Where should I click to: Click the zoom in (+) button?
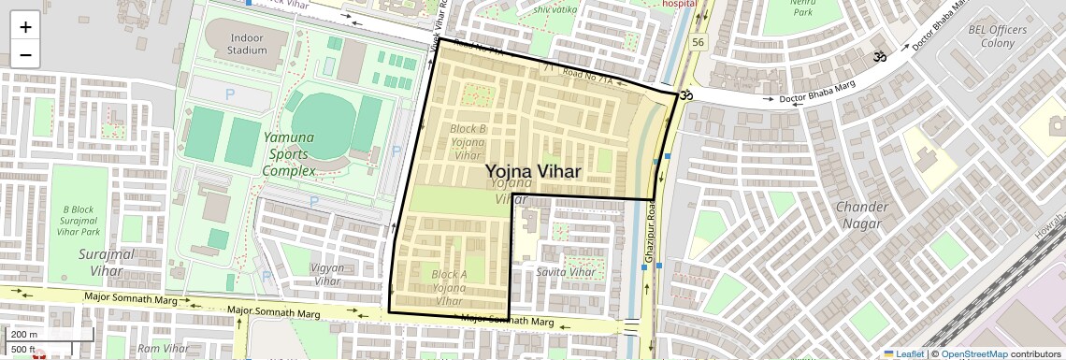25,28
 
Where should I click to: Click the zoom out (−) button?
25,55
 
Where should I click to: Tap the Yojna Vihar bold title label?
533,171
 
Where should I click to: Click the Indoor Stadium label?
234,43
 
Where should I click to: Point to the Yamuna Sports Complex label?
288,153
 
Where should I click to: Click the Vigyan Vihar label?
326,274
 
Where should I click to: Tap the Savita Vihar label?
566,272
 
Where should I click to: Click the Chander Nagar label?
860,215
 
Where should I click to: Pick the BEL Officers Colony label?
998,36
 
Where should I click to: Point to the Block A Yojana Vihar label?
450,287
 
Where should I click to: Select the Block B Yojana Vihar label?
468,142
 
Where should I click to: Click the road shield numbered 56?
699,43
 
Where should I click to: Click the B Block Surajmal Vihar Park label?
79,220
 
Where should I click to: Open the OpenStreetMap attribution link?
973,353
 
